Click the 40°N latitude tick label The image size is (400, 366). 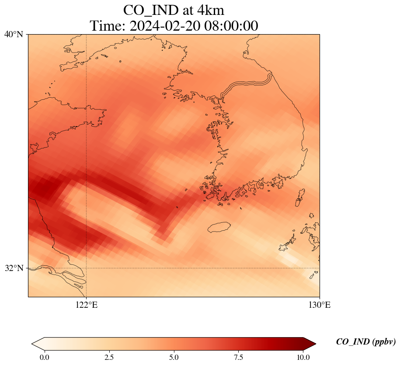point(14,34)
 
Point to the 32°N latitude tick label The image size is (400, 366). point(14,268)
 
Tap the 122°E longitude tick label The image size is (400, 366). point(87,305)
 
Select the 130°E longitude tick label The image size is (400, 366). point(320,305)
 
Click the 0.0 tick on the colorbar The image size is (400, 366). point(44,357)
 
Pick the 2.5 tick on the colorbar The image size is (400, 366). point(109,357)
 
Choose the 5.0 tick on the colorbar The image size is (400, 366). point(174,357)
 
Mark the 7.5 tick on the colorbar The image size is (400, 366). point(239,357)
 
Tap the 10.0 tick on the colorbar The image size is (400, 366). point(303,357)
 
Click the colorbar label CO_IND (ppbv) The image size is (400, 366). point(366,342)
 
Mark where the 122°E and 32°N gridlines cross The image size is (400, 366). point(87,268)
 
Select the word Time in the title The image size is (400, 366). point(107,25)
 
